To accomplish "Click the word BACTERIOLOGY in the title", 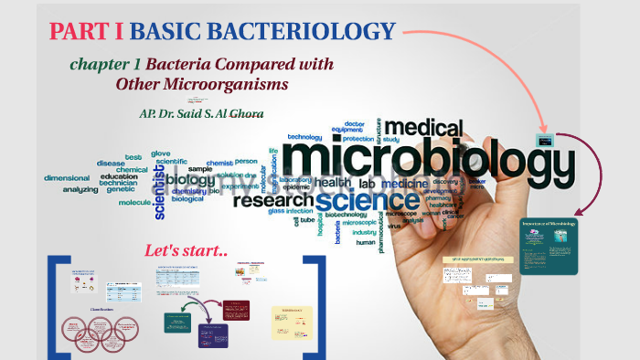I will coord(262,32).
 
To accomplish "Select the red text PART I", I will coord(87,32).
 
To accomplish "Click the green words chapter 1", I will coord(105,65).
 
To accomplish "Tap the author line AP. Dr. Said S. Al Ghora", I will coord(196,115).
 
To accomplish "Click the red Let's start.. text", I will coord(186,249).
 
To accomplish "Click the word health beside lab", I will coord(333,183).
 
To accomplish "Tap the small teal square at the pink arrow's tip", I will coord(546,141).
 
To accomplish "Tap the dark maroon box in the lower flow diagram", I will coord(235,312).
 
